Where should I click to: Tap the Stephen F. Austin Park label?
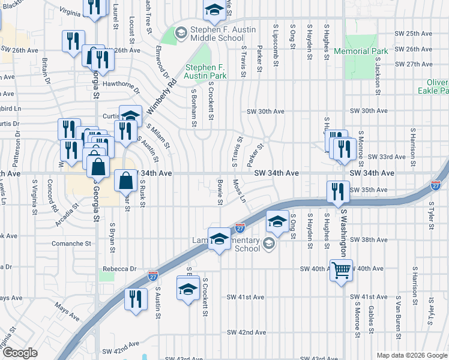pyautogui.click(x=206, y=71)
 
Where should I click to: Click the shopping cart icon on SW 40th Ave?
pyautogui.click(x=341, y=271)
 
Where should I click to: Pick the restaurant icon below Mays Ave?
pyautogui.click(x=136, y=299)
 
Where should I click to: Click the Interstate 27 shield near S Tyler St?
pyautogui.click(x=436, y=186)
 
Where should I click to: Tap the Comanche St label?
pyautogui.click(x=70, y=244)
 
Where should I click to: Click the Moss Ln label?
pyautogui.click(x=240, y=191)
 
